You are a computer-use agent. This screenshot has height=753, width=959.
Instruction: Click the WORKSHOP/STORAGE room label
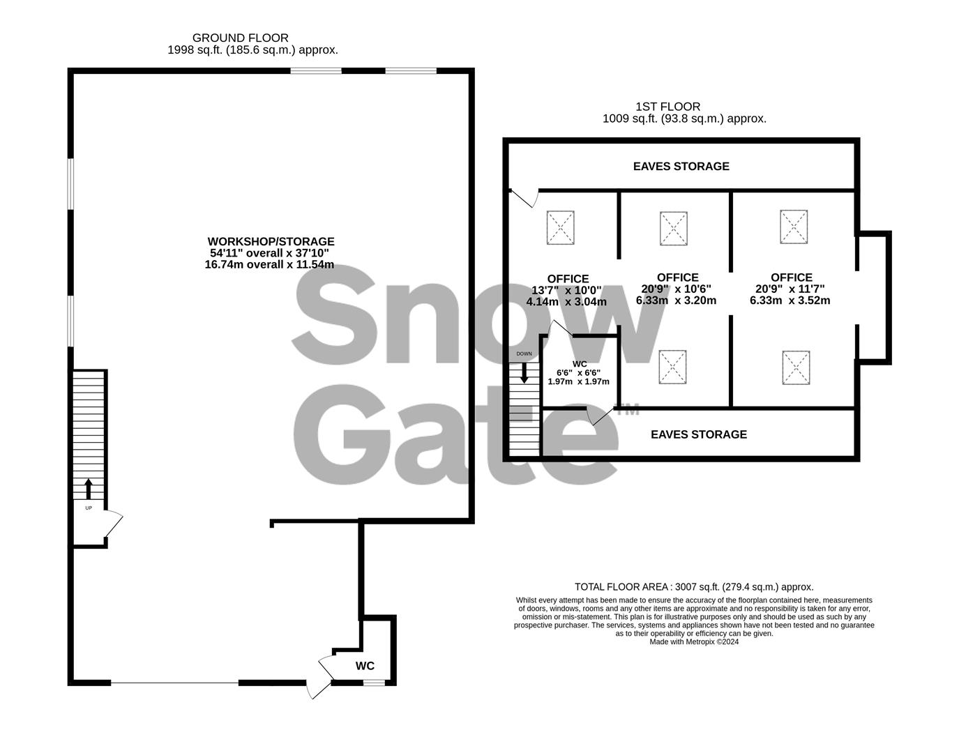click(x=270, y=241)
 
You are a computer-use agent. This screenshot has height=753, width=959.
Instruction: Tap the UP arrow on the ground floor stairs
click(x=89, y=488)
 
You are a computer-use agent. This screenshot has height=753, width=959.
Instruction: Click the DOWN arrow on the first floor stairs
click(x=524, y=373)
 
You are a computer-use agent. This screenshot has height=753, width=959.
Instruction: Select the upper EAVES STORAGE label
click(x=681, y=166)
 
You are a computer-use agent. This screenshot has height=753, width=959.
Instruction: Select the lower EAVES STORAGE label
click(x=698, y=434)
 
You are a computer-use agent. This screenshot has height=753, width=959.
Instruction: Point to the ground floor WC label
click(x=365, y=666)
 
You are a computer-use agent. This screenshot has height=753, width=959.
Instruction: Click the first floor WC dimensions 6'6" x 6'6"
click(x=578, y=372)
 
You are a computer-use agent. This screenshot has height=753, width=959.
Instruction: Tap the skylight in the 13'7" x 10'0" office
click(x=561, y=227)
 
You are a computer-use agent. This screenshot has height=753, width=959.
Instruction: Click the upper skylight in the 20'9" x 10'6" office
click(x=674, y=228)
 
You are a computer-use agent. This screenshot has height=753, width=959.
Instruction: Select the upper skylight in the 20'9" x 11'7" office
click(x=793, y=227)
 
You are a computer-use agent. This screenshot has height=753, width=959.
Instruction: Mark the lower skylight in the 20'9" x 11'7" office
click(x=796, y=367)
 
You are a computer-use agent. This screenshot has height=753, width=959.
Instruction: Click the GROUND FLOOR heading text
click(x=240, y=38)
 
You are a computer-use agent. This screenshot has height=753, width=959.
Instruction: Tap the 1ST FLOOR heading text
click(x=667, y=107)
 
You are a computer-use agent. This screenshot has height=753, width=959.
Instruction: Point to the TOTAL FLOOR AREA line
click(x=693, y=587)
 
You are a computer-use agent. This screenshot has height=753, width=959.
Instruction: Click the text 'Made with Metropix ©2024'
click(x=693, y=642)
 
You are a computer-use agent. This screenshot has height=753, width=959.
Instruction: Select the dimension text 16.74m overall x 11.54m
click(x=269, y=265)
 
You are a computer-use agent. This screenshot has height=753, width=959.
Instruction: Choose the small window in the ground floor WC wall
click(x=374, y=683)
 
